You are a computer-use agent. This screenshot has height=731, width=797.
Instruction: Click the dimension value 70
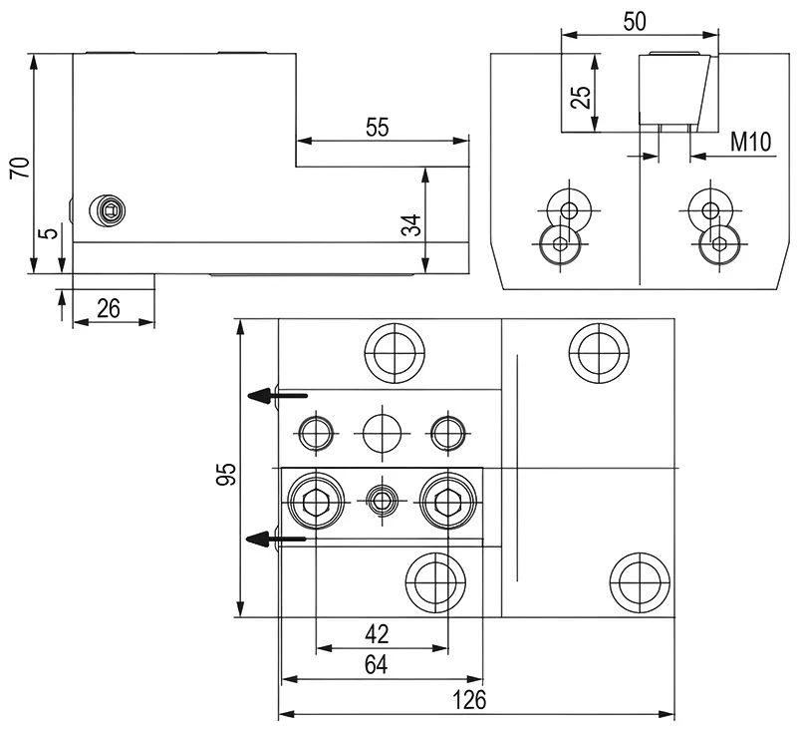coord(17,165)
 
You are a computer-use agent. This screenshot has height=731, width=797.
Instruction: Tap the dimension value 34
coord(409,223)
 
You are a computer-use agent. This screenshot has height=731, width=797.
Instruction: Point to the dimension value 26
coord(109,308)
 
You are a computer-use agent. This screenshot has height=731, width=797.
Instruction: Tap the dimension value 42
coord(377,634)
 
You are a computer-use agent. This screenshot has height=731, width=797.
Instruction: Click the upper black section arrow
coord(275,396)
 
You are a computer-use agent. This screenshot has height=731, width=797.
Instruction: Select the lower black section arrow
coord(275,540)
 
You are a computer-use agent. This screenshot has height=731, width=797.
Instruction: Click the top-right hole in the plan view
coord(599,352)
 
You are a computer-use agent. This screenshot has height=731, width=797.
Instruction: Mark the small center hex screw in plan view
coord(383,498)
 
